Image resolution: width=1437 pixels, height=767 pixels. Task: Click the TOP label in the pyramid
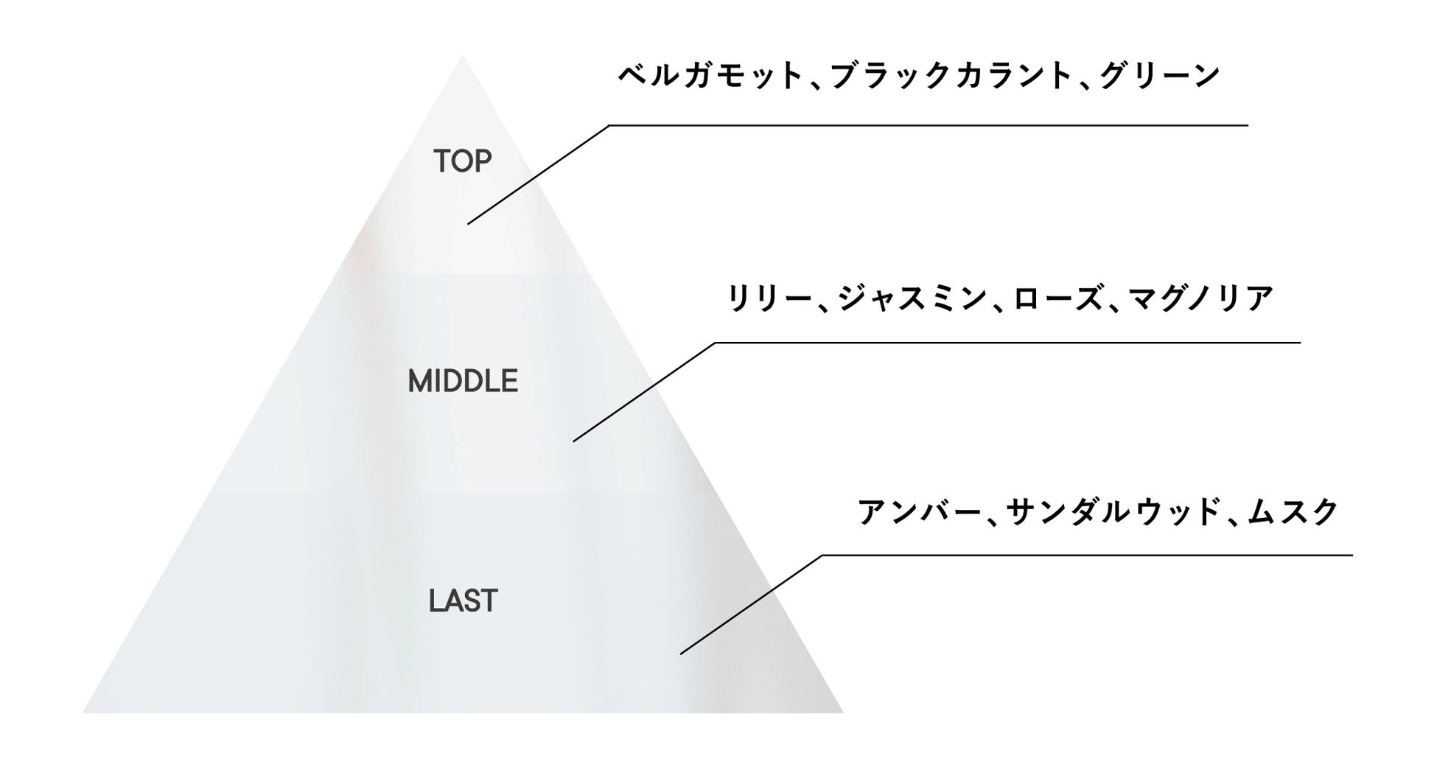tap(462, 161)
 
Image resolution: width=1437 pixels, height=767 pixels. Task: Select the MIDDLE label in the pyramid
tap(463, 382)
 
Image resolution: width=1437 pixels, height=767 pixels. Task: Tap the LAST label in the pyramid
tap(463, 601)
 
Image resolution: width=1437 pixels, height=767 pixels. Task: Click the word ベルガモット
tap(710, 76)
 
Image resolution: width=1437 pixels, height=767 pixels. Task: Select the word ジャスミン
tap(911, 299)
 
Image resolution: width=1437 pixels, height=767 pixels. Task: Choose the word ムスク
tap(1293, 512)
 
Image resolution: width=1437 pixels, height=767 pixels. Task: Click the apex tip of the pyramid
tap(463, 56)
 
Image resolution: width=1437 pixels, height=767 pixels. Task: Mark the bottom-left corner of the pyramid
tap(84, 712)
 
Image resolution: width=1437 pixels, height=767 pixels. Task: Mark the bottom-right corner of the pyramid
tap(842, 712)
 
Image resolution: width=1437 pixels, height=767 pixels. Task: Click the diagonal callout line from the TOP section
tap(538, 175)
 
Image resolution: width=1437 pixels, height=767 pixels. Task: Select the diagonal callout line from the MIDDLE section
tap(644, 392)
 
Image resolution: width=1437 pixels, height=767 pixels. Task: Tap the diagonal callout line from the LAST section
tap(751, 604)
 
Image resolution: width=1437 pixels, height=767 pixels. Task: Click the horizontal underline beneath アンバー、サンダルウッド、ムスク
tap(1087, 555)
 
